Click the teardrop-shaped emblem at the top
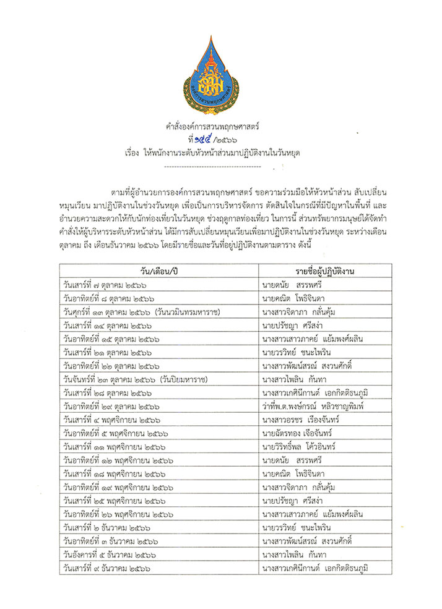pyautogui.click(x=221, y=74)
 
